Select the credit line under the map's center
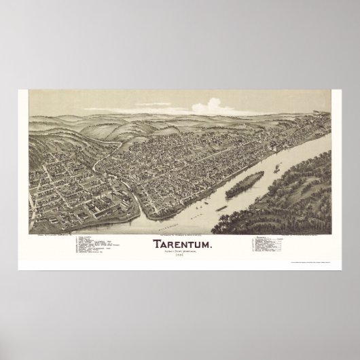(180, 235)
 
